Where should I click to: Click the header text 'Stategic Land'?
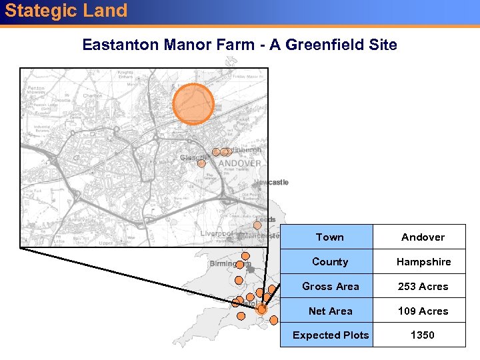(x=66, y=11)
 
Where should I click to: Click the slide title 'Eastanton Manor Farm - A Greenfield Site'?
(x=239, y=45)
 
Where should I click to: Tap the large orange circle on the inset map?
(x=193, y=105)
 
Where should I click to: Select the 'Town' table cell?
(x=329, y=237)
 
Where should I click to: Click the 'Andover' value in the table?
(x=423, y=237)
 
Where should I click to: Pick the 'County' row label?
(x=329, y=262)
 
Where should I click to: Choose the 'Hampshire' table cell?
(x=423, y=262)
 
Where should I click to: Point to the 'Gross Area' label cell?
(x=329, y=287)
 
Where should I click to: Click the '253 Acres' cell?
(x=423, y=287)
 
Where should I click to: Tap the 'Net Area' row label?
(x=329, y=311)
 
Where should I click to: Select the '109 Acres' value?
(x=423, y=311)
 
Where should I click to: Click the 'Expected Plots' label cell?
(x=329, y=335)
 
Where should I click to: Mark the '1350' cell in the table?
(x=423, y=335)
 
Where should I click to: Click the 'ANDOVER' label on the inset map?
(x=240, y=163)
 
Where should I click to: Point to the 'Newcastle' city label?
(x=271, y=183)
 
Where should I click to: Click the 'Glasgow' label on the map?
(x=191, y=158)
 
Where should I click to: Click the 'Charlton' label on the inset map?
(x=92, y=95)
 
